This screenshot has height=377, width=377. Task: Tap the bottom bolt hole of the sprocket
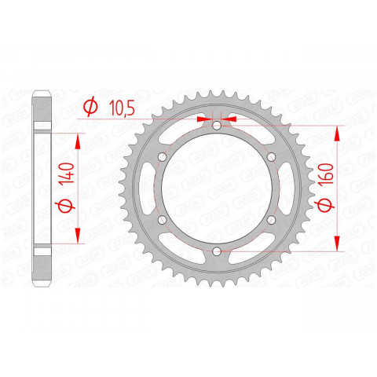[216, 250]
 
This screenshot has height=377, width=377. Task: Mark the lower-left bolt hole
[162, 219]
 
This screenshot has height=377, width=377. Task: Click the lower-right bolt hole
[270, 219]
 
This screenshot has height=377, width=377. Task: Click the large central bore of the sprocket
[216, 188]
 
